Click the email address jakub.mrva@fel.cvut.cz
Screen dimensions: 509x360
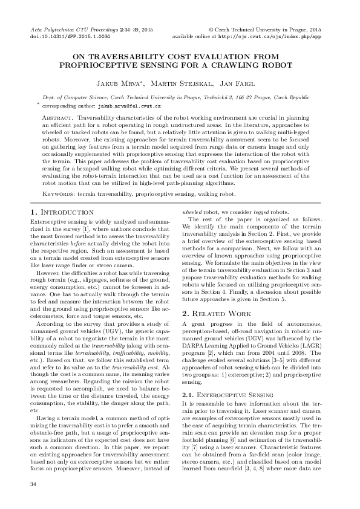coord(129,105)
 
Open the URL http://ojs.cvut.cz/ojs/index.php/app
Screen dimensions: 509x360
coord(270,36)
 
